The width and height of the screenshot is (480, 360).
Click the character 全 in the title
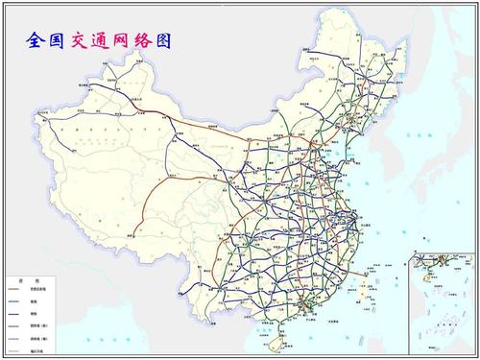(37, 41)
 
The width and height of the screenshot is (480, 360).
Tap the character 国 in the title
(58, 41)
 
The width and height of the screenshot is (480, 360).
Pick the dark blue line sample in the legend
(17, 313)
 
